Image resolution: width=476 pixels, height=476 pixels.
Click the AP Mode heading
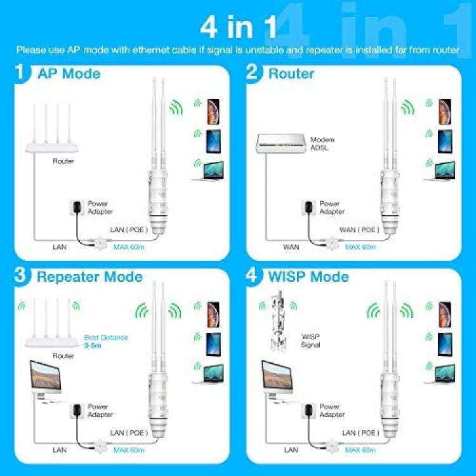point(69,74)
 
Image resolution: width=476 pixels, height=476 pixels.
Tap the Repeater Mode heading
point(89,277)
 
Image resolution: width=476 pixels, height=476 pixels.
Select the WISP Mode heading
point(308,277)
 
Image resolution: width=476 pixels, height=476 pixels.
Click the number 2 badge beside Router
point(253,73)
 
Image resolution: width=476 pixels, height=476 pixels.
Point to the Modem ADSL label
point(322,143)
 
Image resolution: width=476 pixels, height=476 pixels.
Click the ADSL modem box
point(280,143)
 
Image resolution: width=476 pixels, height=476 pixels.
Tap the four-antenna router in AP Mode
point(51,128)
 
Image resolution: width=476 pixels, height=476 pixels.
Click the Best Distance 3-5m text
point(105,341)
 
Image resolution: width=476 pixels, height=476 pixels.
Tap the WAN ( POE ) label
point(359,230)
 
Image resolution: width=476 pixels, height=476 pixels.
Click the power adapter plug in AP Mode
point(77,208)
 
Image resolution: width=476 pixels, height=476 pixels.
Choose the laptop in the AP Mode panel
point(209,171)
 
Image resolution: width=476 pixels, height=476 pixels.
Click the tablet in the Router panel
point(445,142)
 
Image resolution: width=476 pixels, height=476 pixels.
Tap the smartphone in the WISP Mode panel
point(445,315)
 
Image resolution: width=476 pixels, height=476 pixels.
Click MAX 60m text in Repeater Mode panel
point(129,450)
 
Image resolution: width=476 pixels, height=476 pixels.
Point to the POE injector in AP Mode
point(100,243)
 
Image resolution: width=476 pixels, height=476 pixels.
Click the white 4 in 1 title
point(238,27)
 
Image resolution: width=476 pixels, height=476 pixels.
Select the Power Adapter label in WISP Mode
point(332,411)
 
